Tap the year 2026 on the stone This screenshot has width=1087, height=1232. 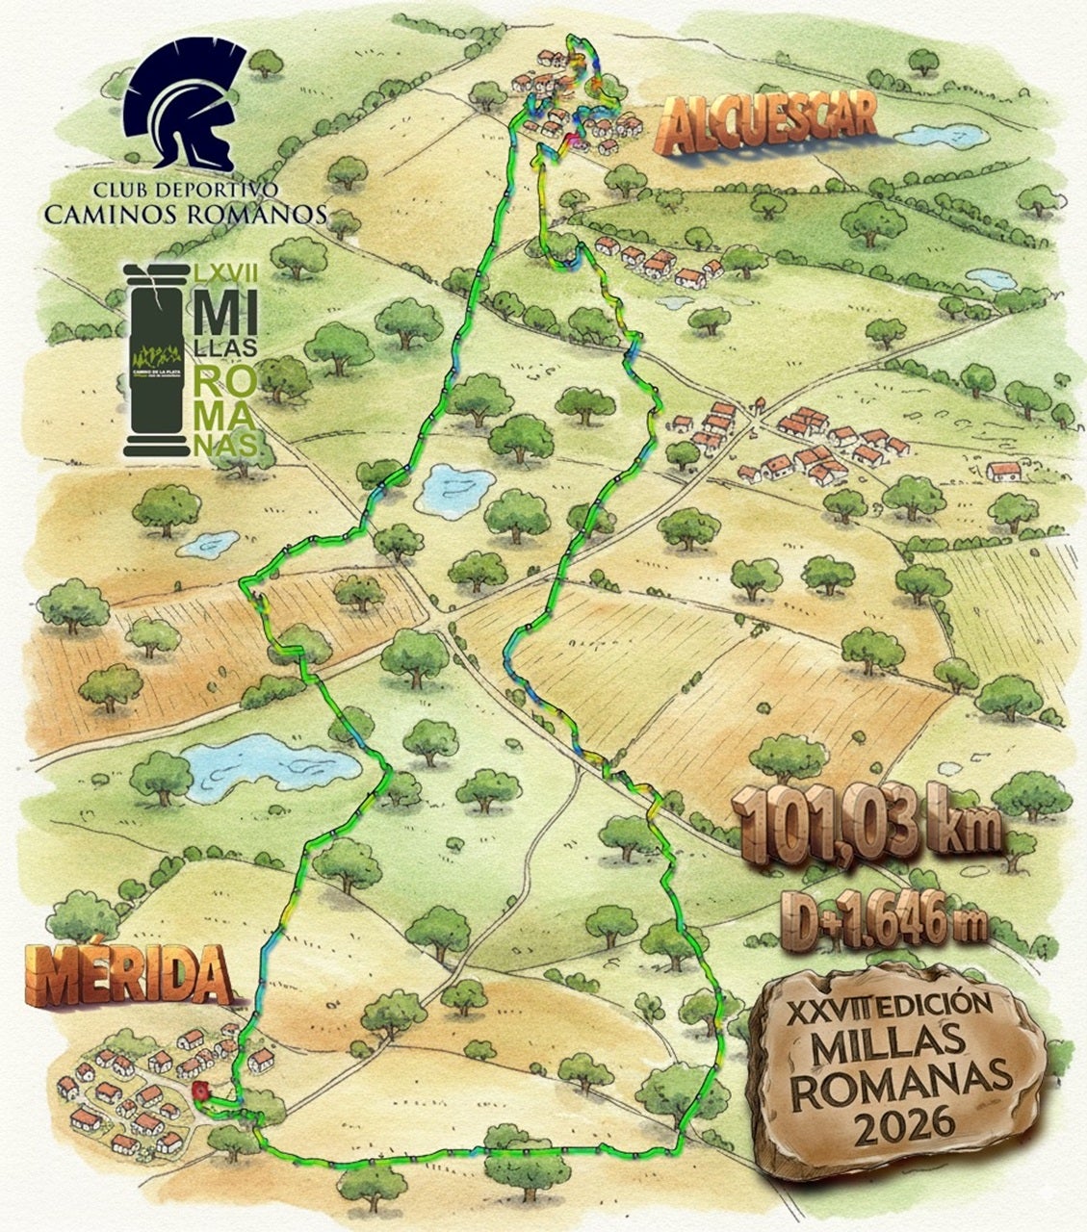[896, 1121]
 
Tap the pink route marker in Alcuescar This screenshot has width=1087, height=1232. [575, 142]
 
